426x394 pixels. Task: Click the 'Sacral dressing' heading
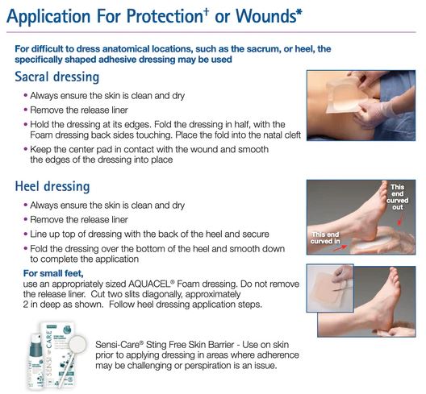point(57,77)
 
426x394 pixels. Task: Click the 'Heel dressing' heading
point(52,186)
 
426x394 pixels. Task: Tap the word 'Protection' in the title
point(165,16)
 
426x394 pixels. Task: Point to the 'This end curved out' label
point(398,197)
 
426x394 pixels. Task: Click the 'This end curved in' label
point(325,238)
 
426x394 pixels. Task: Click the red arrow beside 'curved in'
point(340,247)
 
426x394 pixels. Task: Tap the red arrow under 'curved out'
point(400,220)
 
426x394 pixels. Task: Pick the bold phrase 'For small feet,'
point(53,273)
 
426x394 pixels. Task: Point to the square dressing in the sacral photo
point(344,97)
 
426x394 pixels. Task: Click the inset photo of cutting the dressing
point(330,288)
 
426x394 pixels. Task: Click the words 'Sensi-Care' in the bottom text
point(119,345)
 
